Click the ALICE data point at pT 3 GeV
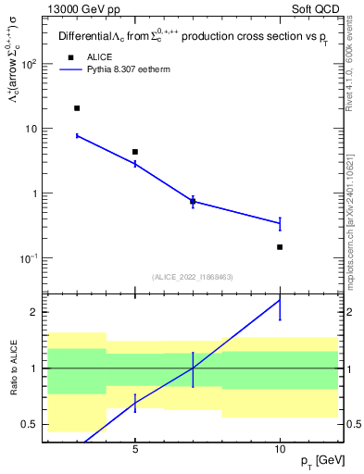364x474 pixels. pyautogui.click(x=77, y=108)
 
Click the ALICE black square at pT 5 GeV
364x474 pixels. pyautogui.click(x=135, y=152)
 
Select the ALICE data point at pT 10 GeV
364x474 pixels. pyautogui.click(x=280, y=247)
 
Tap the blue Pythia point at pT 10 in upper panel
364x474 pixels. pyautogui.click(x=280, y=223)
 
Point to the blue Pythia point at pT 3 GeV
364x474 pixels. pyautogui.click(x=77, y=136)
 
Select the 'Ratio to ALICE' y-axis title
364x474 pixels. pyautogui.click(x=13, y=368)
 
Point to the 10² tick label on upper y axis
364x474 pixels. pyautogui.click(x=29, y=65)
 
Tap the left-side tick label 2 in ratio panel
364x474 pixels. pyautogui.click(x=34, y=312)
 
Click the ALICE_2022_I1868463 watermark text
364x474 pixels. pyautogui.click(x=191, y=277)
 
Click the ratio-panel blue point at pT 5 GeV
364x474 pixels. pyautogui.click(x=135, y=403)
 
